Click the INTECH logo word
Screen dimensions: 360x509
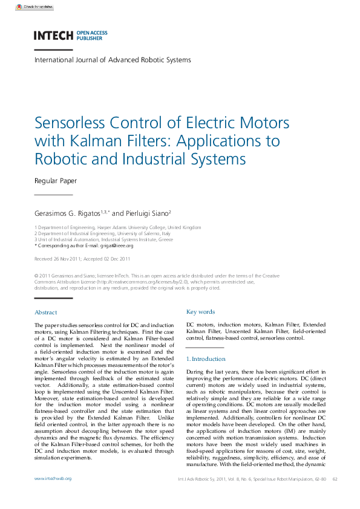(x=53, y=35)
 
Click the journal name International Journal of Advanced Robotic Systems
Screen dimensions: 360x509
(x=113, y=60)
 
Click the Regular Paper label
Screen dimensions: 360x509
(x=56, y=181)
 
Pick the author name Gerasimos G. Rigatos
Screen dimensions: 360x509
(x=70, y=213)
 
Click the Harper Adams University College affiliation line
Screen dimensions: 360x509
(x=117, y=227)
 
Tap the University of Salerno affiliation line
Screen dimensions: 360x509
(x=102, y=233)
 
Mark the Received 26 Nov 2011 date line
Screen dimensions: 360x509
(x=82, y=259)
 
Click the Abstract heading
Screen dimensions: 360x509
(x=46, y=313)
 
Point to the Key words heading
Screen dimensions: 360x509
(x=200, y=312)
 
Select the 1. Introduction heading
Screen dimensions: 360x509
(x=206, y=359)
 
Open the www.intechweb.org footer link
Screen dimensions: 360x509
(x=53, y=478)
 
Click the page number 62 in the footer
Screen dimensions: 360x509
(x=335, y=479)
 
